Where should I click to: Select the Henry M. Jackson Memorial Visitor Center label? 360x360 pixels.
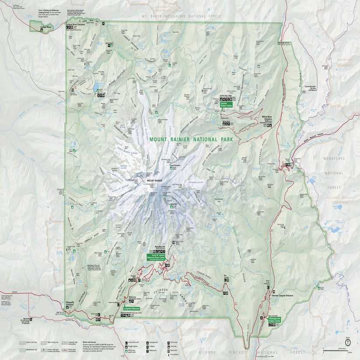156,258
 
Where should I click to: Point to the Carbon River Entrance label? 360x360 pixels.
75,24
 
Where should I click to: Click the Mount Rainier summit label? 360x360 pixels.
154,181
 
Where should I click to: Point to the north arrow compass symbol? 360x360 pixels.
347,342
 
